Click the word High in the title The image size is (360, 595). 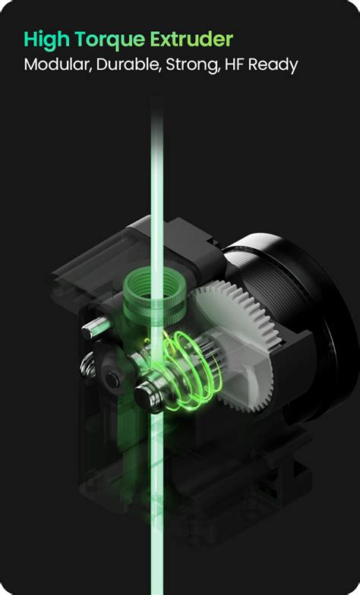pyautogui.click(x=46, y=40)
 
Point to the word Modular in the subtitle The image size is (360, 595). pyautogui.click(x=58, y=65)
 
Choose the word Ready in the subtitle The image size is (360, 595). pyautogui.click(x=273, y=65)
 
